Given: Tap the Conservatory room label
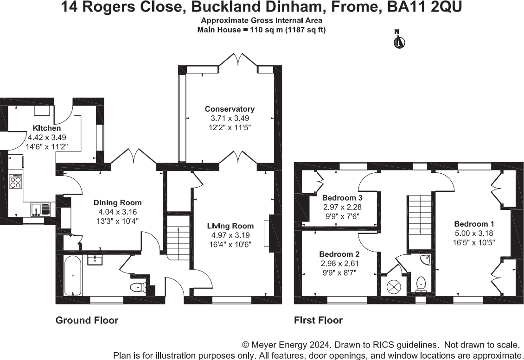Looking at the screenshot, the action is (x=230, y=109).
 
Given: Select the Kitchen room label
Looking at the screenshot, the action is (x=46, y=128).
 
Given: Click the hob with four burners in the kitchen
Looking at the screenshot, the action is (x=16, y=181).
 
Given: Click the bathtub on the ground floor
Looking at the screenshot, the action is (x=73, y=277).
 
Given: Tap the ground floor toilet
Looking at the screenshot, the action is (x=138, y=287).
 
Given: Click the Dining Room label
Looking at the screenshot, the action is (x=117, y=203).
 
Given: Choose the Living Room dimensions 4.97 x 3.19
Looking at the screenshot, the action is (x=230, y=234).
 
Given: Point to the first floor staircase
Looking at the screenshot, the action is (x=420, y=220).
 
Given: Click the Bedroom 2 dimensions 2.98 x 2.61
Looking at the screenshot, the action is (x=340, y=263).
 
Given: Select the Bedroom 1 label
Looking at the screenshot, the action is (x=471, y=224).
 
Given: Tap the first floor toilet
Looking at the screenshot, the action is (x=421, y=283).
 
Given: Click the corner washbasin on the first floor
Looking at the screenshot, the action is (x=426, y=259).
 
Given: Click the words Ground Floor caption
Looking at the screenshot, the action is (x=87, y=320).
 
